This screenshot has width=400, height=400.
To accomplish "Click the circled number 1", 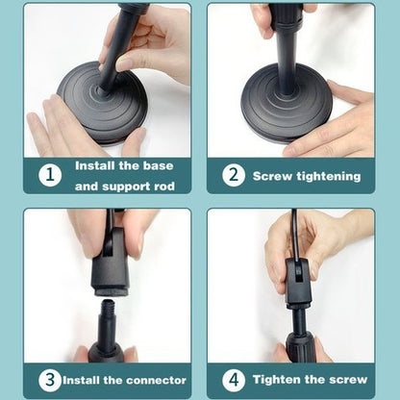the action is click(50, 175).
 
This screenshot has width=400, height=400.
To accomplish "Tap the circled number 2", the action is click(234, 175).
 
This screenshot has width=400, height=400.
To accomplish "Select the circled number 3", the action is click(50, 380).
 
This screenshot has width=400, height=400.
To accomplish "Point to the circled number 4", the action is click(234, 380).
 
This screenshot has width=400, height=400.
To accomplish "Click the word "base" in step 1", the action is click(158, 165).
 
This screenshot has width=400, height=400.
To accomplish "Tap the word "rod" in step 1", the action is click(164, 187).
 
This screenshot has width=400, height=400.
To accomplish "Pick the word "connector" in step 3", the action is click(156, 380).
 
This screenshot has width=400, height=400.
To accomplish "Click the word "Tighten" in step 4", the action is click(277, 380).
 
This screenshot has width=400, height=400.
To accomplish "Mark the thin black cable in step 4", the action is click(295, 234).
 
